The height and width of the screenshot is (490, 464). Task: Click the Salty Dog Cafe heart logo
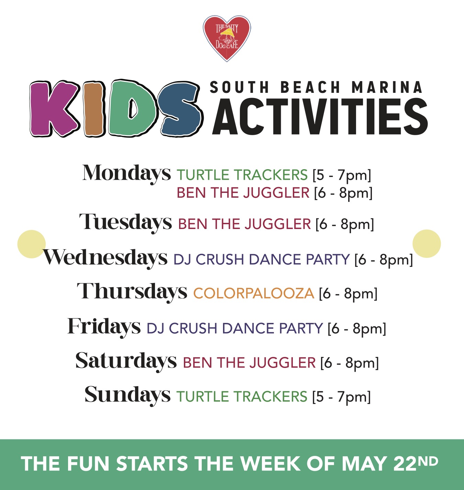tap(227, 38)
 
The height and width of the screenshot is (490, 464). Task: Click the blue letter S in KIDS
tap(180, 109)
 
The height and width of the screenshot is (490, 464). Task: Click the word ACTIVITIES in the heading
tap(320, 117)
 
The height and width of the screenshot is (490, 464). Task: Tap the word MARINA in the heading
tap(387, 87)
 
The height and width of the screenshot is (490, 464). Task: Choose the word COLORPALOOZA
tap(254, 293)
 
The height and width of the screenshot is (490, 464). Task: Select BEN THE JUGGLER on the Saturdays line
tap(249, 363)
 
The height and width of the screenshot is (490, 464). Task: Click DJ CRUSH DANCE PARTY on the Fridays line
tap(235, 328)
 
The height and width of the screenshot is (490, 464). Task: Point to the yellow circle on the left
tap(32, 244)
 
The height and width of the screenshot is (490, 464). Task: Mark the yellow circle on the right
tap(427, 243)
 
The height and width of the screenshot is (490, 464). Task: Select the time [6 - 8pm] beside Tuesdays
tap(345, 224)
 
